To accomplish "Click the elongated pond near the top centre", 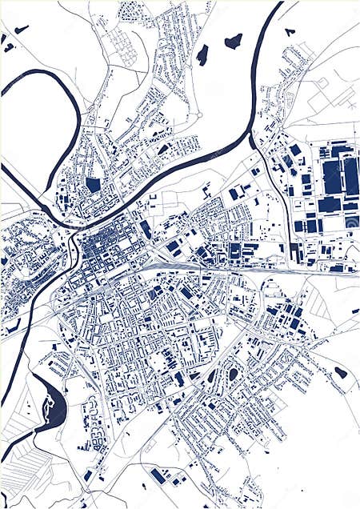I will pos(202,54).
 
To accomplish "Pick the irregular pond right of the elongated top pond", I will pos(233,41).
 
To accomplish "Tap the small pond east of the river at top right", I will pos(290,32).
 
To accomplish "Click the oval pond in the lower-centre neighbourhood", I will pos(233,374).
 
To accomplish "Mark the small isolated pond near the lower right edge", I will pos(341,372).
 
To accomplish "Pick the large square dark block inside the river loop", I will pos(94,185).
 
